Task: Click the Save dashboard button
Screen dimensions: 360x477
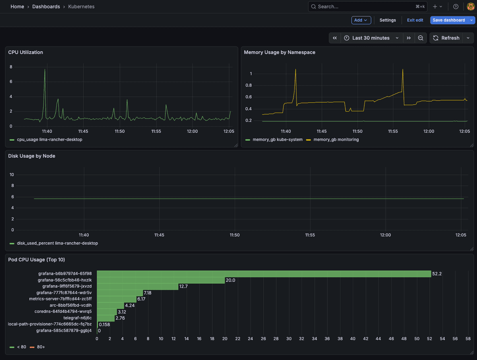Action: tap(448, 20)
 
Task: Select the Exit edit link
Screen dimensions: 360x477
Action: tap(415, 20)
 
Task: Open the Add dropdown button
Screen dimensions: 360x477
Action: tap(361, 20)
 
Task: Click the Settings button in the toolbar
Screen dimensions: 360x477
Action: tap(388, 20)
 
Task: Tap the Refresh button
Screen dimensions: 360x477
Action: tap(446, 38)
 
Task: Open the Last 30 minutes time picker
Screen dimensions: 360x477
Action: tap(371, 38)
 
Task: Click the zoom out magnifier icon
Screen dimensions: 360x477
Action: tap(421, 38)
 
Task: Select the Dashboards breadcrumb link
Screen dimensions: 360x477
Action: tap(46, 7)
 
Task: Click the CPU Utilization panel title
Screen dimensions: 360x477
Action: tap(25, 52)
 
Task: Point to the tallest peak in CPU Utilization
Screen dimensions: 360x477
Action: tap(45, 70)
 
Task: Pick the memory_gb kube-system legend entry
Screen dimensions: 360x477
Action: tap(277, 140)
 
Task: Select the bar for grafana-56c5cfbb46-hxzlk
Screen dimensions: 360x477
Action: tap(161, 280)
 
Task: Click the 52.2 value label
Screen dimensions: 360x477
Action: tap(437, 274)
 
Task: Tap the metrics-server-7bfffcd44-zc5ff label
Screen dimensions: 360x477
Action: tap(60, 299)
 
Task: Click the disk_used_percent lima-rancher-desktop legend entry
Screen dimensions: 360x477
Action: tap(57, 243)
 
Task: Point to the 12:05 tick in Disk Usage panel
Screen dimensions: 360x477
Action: tap(461, 235)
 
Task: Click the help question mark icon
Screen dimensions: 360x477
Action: tap(456, 7)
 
